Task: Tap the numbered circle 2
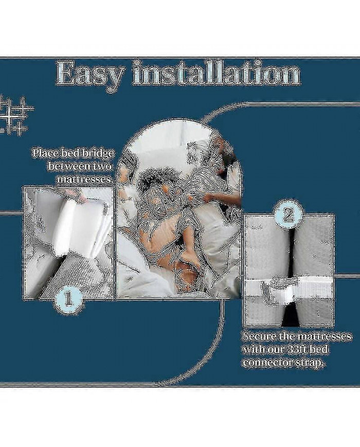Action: coord(287,217)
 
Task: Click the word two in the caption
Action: coord(102,167)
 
